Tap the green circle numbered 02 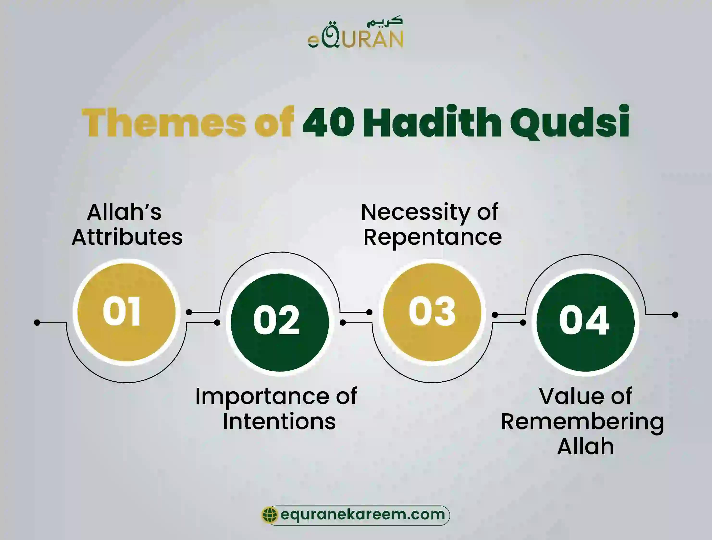(x=279, y=322)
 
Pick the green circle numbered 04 (x=585, y=322)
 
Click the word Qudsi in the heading (x=569, y=122)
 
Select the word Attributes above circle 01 (x=127, y=237)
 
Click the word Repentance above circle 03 (x=432, y=237)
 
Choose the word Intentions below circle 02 (x=279, y=422)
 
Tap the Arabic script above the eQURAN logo (x=385, y=21)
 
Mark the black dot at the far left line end (x=37, y=322)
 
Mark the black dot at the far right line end (x=675, y=315)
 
